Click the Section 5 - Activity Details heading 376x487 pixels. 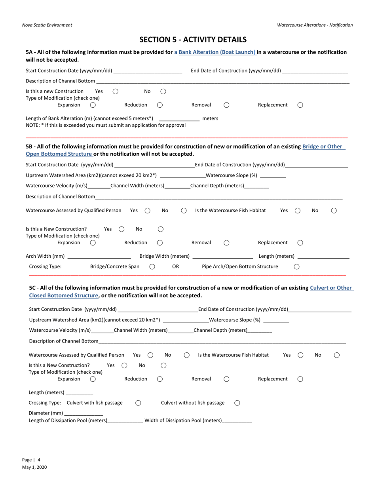tap(193, 40)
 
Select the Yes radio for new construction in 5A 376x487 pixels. tap(116, 91)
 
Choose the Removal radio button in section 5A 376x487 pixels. tap(226, 105)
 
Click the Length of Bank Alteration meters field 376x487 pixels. tap(179, 118)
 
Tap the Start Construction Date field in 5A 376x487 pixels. tap(147, 71)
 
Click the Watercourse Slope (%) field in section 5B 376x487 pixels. tap(273, 175)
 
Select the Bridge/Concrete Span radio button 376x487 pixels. tap(152, 267)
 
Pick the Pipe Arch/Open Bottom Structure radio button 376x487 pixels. tap(296, 267)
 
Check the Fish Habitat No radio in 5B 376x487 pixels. tap(334, 211)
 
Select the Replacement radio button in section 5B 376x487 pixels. tap(300, 243)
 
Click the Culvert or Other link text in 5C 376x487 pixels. tap(331, 288)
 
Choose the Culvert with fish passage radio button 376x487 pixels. tap(138, 403)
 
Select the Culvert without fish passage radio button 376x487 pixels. tap(237, 403)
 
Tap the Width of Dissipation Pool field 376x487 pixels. tap(237, 421)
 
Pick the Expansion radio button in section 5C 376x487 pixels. tap(93, 379)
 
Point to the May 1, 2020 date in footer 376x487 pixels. tap(34, 467)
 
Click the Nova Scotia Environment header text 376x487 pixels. tap(47, 25)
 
